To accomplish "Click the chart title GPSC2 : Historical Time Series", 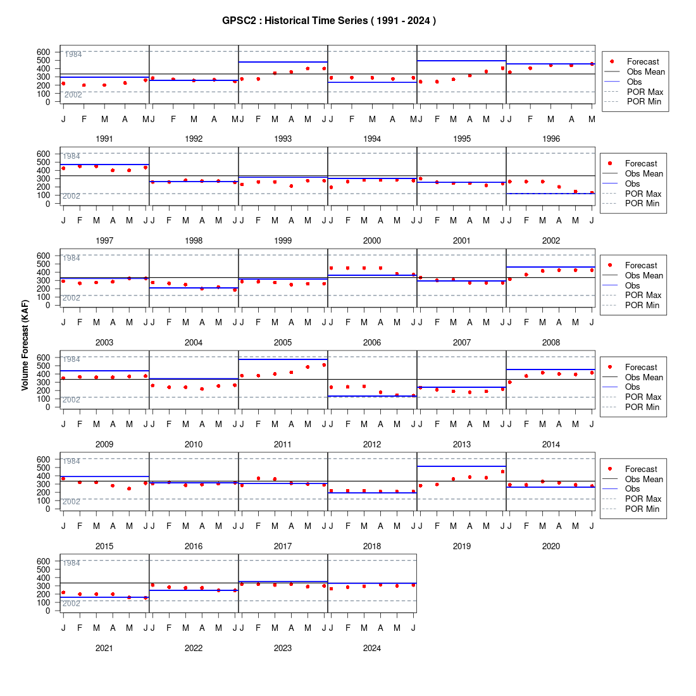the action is (x=295, y=20).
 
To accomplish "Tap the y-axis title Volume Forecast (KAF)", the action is (x=25, y=345).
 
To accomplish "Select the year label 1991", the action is (x=104, y=139).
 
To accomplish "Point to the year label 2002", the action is (x=551, y=240).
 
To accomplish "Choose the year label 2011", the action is (x=283, y=444).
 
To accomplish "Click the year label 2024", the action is (x=372, y=648).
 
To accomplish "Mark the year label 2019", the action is (x=462, y=546).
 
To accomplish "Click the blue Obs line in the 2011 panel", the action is (x=283, y=359).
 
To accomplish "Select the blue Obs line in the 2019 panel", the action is (x=462, y=466).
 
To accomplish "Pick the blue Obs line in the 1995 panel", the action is (x=462, y=60).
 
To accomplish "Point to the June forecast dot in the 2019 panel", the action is (x=502, y=471).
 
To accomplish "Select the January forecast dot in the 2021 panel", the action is (x=63, y=593).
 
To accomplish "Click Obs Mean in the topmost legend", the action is (x=646, y=71).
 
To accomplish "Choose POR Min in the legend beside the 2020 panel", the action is (x=642, y=509).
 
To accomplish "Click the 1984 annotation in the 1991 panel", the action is (x=73, y=54).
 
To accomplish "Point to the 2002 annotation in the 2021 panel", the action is (x=71, y=603).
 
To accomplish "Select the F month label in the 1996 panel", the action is (x=530, y=119).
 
